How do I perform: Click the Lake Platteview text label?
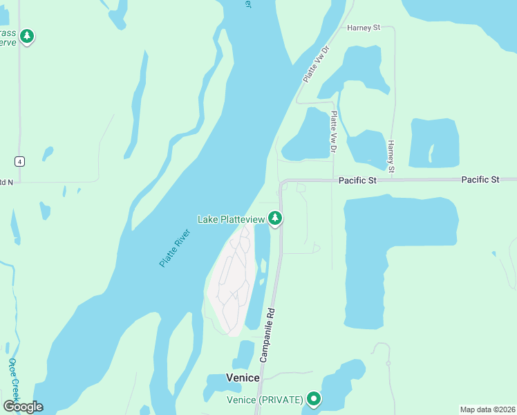231,219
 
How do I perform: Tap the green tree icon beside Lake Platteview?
276,219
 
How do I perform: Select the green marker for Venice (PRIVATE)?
314,398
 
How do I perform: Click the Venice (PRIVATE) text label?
265,400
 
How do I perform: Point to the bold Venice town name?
243,378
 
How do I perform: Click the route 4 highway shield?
21,161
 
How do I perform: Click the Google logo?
23,406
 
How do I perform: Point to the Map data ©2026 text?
487,409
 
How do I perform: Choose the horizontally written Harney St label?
364,28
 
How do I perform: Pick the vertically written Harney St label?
391,156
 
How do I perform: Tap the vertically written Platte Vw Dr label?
333,132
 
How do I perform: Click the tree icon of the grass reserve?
27,36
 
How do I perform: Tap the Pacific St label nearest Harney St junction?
357,180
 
